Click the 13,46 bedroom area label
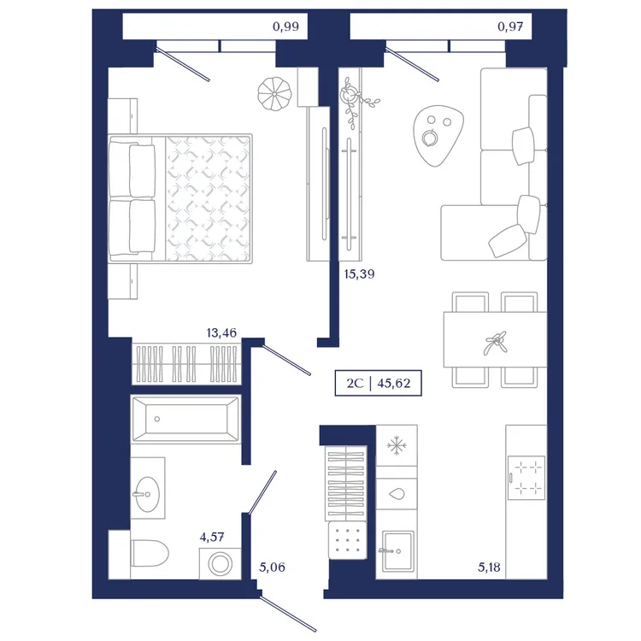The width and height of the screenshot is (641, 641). tap(221, 332)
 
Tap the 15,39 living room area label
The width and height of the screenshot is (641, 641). tap(359, 273)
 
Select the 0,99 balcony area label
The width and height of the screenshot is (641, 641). tap(285, 26)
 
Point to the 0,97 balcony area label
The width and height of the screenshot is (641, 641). tap(510, 26)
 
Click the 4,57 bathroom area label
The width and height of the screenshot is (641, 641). tap(212, 537)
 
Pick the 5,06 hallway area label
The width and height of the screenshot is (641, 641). tap(272, 567)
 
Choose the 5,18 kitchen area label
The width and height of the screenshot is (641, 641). tap(489, 567)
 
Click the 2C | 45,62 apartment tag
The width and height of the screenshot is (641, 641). tap(378, 383)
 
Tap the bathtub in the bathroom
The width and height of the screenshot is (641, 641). tap(185, 419)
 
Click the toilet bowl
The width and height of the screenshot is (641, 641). tap(150, 554)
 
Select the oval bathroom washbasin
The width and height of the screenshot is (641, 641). tap(148, 494)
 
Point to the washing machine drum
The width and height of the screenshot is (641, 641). tap(220, 564)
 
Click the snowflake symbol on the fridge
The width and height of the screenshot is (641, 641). tap(396, 445)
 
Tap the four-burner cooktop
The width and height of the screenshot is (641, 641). tap(526, 478)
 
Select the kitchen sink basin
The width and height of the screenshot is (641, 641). tap(397, 550)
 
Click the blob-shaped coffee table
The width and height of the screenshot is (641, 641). tap(438, 135)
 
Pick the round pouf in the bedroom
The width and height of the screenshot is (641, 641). tap(274, 94)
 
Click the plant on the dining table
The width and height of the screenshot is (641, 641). tap(495, 343)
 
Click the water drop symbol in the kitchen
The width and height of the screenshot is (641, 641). tap(396, 494)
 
